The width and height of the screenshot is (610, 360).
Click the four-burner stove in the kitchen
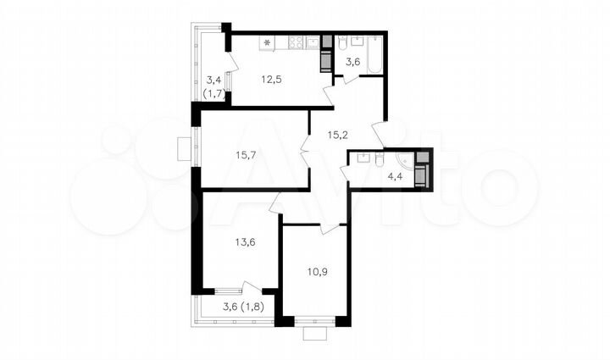pos(297,41)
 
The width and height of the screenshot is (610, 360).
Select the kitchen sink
pos(313,41)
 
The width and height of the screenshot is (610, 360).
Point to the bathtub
pos(375,53)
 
